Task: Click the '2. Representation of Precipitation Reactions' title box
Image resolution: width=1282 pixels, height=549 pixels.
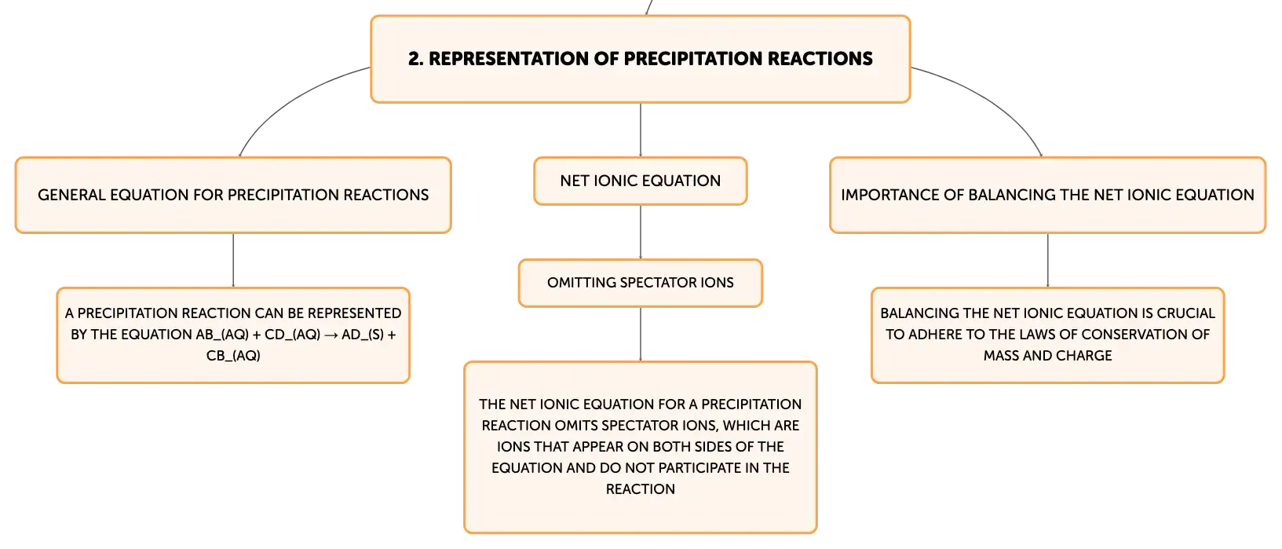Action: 641,59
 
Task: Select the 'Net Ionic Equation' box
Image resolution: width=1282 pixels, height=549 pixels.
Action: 641,181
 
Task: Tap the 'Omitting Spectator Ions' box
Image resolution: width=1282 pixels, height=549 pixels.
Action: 641,283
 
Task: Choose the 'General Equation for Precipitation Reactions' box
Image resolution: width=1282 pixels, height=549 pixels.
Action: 233,196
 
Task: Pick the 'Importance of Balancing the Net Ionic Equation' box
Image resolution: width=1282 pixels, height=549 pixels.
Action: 1047,196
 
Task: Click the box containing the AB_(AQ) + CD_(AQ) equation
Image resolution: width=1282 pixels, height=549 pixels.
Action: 233,335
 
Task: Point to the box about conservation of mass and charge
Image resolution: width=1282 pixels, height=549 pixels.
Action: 1047,335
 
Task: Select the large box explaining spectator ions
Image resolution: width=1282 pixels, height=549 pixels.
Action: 641,447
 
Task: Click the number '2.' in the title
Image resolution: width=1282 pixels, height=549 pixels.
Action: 415,59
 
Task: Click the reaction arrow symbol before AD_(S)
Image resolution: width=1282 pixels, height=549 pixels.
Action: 331,335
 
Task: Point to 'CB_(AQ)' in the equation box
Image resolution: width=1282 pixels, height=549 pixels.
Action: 233,356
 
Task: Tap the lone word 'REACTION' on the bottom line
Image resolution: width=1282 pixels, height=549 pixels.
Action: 641,489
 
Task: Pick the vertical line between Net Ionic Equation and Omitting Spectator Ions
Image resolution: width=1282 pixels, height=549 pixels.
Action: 641,232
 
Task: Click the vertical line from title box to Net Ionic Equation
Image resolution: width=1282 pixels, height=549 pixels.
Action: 641,130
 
